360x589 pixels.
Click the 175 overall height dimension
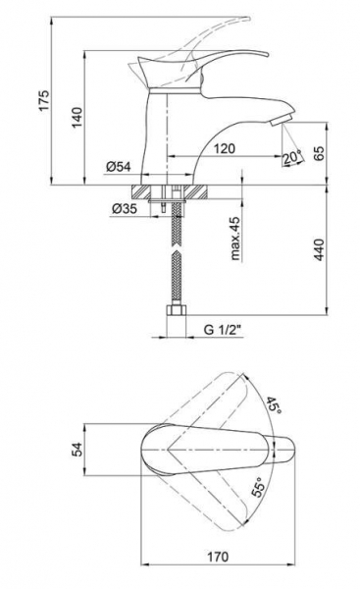[45, 100]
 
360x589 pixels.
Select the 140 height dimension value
[77, 117]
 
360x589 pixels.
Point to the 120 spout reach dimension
[225, 149]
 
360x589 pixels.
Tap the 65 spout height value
[319, 153]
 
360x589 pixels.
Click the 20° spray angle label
[292, 158]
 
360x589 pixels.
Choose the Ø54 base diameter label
[119, 166]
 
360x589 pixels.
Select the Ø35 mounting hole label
[125, 208]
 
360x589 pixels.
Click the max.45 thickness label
[235, 239]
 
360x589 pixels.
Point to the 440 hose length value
[319, 249]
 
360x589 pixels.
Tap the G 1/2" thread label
[222, 330]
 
